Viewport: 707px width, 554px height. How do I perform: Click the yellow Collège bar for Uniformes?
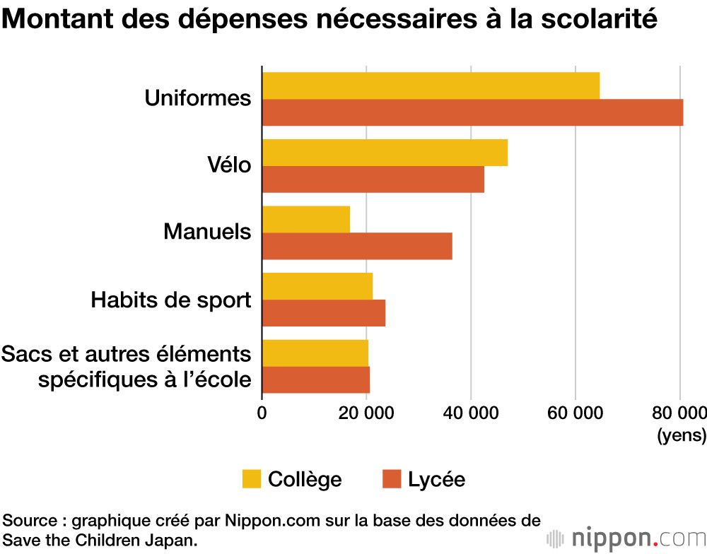pyautogui.click(x=431, y=86)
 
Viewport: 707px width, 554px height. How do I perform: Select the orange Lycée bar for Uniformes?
pyautogui.click(x=472, y=112)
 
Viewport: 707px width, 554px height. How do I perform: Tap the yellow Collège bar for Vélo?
pyautogui.click(x=385, y=153)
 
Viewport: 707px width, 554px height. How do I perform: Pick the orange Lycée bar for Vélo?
pyautogui.click(x=373, y=179)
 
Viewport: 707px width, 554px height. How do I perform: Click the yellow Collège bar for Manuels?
pyautogui.click(x=306, y=219)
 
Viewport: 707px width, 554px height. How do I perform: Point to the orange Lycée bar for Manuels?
pyautogui.click(x=357, y=246)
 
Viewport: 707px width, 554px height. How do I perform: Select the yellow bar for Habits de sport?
pyautogui.click(x=317, y=286)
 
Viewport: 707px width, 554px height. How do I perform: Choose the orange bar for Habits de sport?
pyautogui.click(x=324, y=313)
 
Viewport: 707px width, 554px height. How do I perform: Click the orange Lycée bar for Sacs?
pyautogui.click(x=316, y=380)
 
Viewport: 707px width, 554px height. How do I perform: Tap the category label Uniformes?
pyautogui.click(x=198, y=98)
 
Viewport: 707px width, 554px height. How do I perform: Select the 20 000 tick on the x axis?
pyautogui.click(x=366, y=413)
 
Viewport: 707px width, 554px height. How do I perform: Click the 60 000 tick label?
pyautogui.click(x=575, y=413)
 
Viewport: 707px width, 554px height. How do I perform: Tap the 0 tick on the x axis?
pyautogui.click(x=262, y=413)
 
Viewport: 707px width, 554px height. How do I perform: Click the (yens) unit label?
pyautogui.click(x=682, y=435)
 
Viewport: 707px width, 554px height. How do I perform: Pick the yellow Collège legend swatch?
pyautogui.click(x=252, y=479)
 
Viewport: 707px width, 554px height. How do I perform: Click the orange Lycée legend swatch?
pyautogui.click(x=392, y=479)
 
